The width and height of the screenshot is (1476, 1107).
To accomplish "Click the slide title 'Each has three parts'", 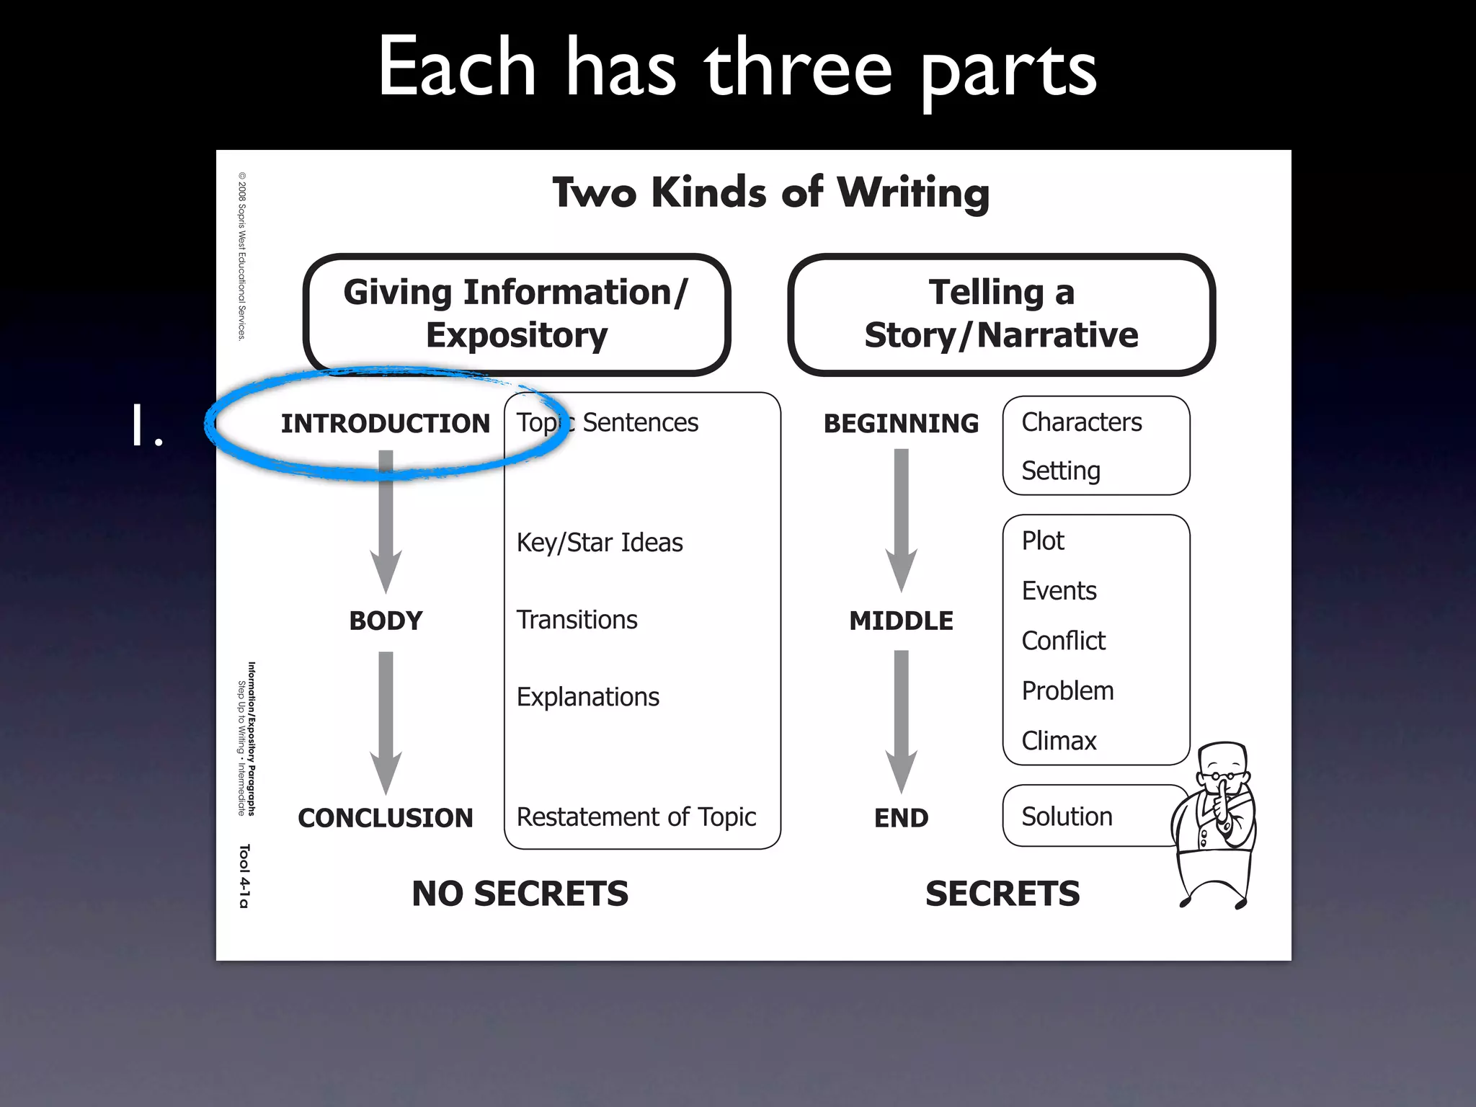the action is (x=737, y=68).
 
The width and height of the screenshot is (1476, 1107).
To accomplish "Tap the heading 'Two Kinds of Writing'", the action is (x=770, y=192).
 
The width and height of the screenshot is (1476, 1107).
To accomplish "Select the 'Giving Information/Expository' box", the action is (x=516, y=314).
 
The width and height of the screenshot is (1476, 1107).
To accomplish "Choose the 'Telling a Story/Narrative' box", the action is (x=1001, y=314).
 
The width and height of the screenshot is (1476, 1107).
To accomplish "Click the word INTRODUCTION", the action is (x=385, y=424).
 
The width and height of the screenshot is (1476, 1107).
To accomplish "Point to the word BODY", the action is (x=386, y=621).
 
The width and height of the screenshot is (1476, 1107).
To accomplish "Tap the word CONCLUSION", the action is (x=386, y=818).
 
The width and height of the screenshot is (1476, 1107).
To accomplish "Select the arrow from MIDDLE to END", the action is (x=902, y=721).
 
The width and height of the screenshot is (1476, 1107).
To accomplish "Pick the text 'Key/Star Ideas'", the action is (x=600, y=543).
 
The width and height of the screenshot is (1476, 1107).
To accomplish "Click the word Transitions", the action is (x=577, y=620).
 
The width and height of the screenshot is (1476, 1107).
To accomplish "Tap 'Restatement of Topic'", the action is (x=636, y=817).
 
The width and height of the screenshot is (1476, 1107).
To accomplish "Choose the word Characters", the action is (x=1081, y=422).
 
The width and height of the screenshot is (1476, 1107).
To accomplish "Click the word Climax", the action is (x=1059, y=741).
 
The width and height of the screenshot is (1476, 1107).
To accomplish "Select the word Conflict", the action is (x=1063, y=641).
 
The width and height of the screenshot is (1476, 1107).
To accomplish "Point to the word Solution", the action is (x=1067, y=817).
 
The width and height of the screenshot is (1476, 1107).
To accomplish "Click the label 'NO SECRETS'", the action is (x=520, y=894).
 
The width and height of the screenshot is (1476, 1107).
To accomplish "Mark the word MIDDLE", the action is (x=901, y=621).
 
